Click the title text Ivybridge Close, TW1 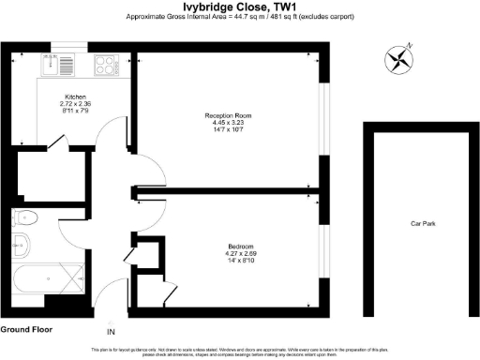coord(240,7)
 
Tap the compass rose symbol coord(399,60)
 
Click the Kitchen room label coord(76,97)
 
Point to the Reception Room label coord(229,115)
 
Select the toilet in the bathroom coord(26,219)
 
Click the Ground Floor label coord(26,330)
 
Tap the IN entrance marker coord(111,333)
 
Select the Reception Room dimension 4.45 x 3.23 coord(229,124)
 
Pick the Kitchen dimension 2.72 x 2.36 coord(76,104)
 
